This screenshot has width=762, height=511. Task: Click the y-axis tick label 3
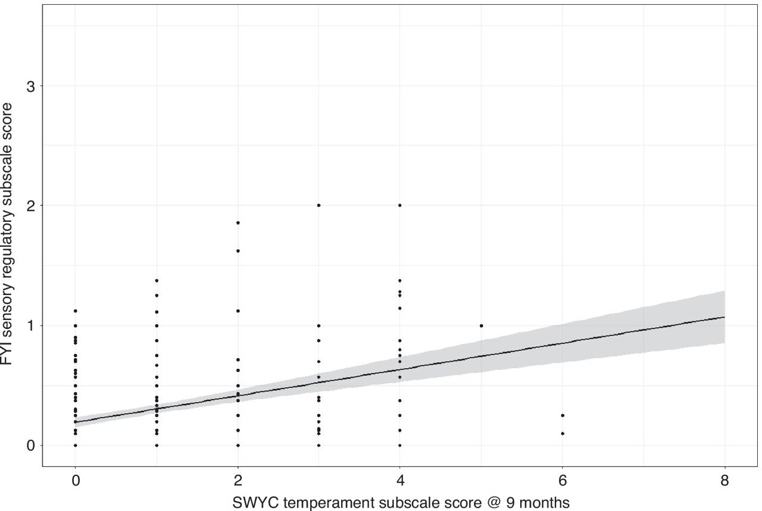pos(33,86)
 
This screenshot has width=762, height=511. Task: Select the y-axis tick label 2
pos(33,206)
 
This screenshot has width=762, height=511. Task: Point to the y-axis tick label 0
pos(33,446)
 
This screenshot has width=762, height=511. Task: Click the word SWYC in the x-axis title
pos(251,502)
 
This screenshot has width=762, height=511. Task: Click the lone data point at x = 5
pos(481,325)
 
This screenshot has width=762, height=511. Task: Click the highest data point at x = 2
pos(238,222)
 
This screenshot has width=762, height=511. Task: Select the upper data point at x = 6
pos(563,415)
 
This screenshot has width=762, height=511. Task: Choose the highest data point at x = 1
pos(157,280)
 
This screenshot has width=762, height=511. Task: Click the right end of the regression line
pos(724,317)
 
